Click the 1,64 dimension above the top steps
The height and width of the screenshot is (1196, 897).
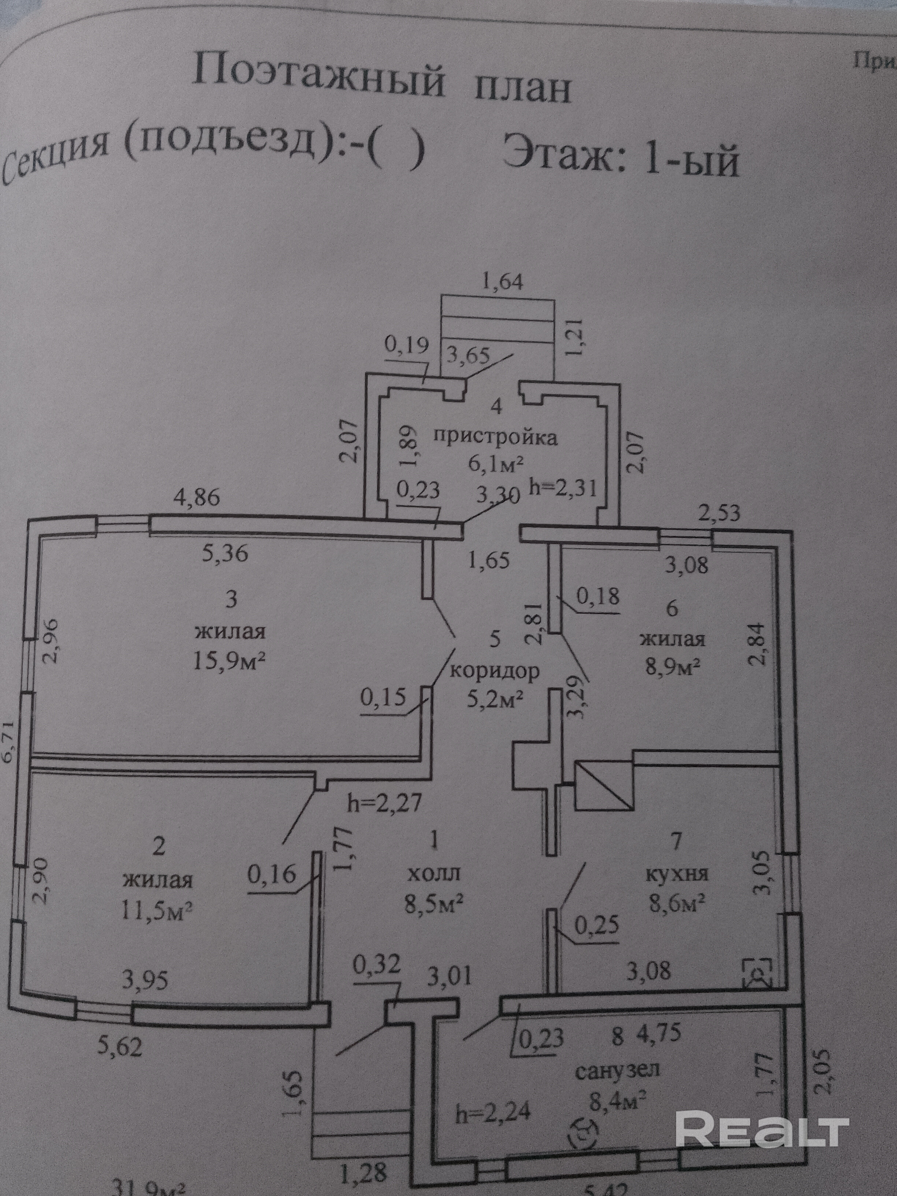503,282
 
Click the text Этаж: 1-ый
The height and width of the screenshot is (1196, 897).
620,156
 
